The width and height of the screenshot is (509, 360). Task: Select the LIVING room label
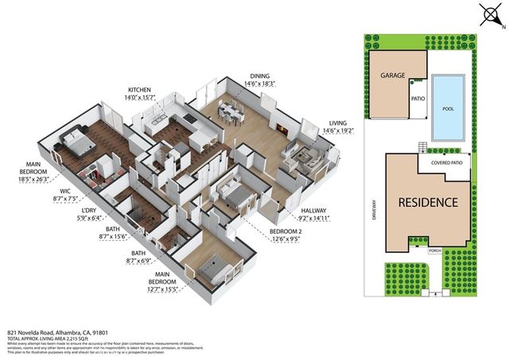[x=339, y=124]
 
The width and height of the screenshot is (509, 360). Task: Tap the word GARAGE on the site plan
[x=393, y=76]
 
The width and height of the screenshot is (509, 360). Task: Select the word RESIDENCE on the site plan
[x=427, y=202]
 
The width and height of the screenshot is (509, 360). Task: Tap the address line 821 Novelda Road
[x=64, y=334]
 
